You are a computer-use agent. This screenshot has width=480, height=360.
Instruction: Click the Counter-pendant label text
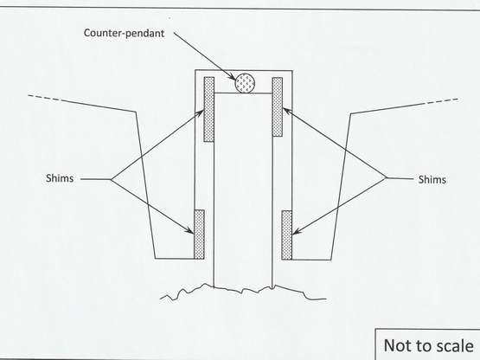click(124, 33)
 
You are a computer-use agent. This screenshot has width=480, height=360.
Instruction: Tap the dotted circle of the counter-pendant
click(245, 83)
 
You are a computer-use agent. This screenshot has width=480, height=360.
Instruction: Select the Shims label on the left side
click(60, 178)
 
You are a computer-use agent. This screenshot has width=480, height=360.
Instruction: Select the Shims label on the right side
click(432, 179)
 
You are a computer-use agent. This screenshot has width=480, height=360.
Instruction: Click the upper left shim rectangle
click(209, 109)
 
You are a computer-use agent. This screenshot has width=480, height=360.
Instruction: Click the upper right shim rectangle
click(278, 106)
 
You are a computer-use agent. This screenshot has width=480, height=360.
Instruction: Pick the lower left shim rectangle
click(199, 235)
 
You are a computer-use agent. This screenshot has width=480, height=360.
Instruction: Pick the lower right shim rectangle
click(287, 235)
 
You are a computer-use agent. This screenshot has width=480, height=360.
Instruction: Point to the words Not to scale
click(429, 345)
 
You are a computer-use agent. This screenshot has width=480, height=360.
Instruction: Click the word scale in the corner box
click(455, 346)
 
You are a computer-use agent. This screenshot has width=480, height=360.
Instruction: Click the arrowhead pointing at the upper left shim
click(200, 113)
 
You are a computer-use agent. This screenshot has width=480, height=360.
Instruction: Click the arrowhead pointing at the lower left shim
click(189, 230)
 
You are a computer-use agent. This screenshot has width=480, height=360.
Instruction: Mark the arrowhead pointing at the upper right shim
click(286, 111)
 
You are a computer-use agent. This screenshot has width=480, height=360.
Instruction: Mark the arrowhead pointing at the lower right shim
click(297, 232)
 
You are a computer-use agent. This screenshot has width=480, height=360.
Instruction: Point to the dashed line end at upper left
click(29, 96)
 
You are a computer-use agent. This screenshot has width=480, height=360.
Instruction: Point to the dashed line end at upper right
click(458, 100)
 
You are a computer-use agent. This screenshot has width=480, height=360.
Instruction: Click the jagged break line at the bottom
click(242, 290)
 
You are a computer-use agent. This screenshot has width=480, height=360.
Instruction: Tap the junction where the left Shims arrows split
click(111, 179)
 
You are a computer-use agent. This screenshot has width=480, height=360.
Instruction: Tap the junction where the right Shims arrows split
click(386, 177)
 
